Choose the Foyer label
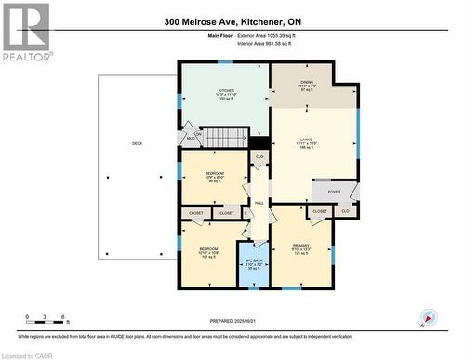334,193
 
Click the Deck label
137,143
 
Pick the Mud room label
197,138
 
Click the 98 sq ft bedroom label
215,177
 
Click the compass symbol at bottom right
427,317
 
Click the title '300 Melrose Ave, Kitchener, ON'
232,20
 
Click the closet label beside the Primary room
319,212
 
